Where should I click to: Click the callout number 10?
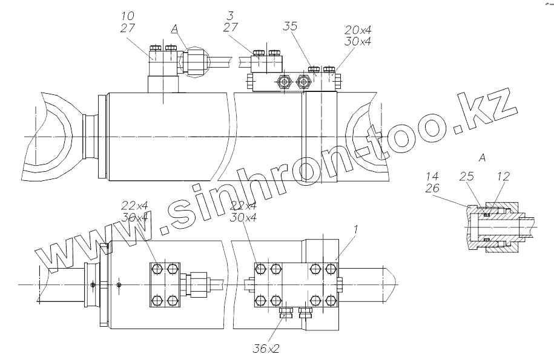tap(128, 14)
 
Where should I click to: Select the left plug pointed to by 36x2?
tap(286, 312)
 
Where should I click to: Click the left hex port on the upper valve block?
tap(282, 82)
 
